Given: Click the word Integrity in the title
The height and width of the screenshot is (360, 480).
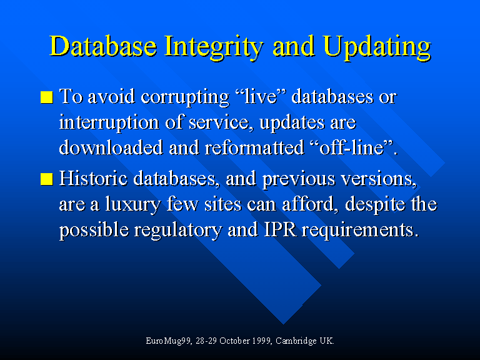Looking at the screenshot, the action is [213, 46].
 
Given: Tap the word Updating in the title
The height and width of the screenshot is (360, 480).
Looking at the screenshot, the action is [377, 46].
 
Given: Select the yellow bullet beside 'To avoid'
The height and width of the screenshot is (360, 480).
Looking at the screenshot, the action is [46, 97].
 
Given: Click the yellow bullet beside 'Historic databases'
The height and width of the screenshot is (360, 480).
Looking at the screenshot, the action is [46, 179].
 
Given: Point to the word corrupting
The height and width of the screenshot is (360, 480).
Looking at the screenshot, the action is [185, 97].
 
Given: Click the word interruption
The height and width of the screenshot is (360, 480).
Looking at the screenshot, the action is [109, 122].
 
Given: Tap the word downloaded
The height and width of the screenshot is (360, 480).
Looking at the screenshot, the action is [111, 148].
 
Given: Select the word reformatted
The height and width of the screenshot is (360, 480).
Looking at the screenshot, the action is [254, 148].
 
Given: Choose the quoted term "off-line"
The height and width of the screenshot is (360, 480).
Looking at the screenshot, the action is [351, 147].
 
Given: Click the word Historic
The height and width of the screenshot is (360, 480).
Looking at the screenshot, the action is [93, 179].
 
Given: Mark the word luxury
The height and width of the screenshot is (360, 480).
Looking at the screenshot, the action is [132, 204].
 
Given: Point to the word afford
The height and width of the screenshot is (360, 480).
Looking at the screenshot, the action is [308, 204].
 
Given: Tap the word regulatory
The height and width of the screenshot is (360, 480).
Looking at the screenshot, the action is [177, 230].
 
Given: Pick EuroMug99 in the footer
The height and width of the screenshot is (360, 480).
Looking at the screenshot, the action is [168, 341].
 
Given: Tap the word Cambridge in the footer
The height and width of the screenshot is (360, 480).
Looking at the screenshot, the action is [296, 341].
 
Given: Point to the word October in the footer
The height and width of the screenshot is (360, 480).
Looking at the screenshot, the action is [234, 341].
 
